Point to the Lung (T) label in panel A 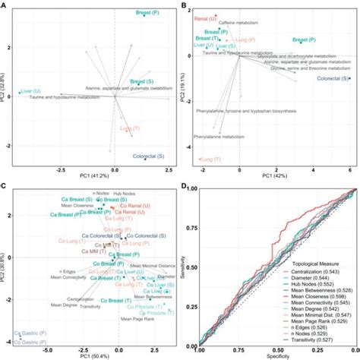click(x=131, y=128)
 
